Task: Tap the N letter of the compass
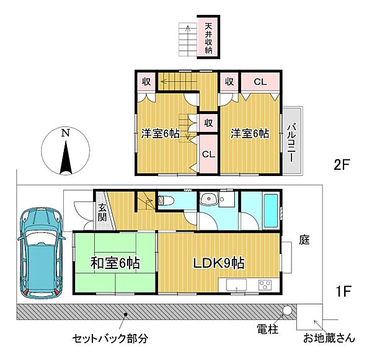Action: [65, 133]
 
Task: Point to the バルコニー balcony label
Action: [290, 142]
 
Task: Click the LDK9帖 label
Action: [219, 262]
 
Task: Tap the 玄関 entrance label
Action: [102, 213]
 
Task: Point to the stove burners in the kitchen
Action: [264, 285]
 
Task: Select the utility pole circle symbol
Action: [287, 310]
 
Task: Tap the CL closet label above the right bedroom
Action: [260, 81]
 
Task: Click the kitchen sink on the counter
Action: [236, 285]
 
